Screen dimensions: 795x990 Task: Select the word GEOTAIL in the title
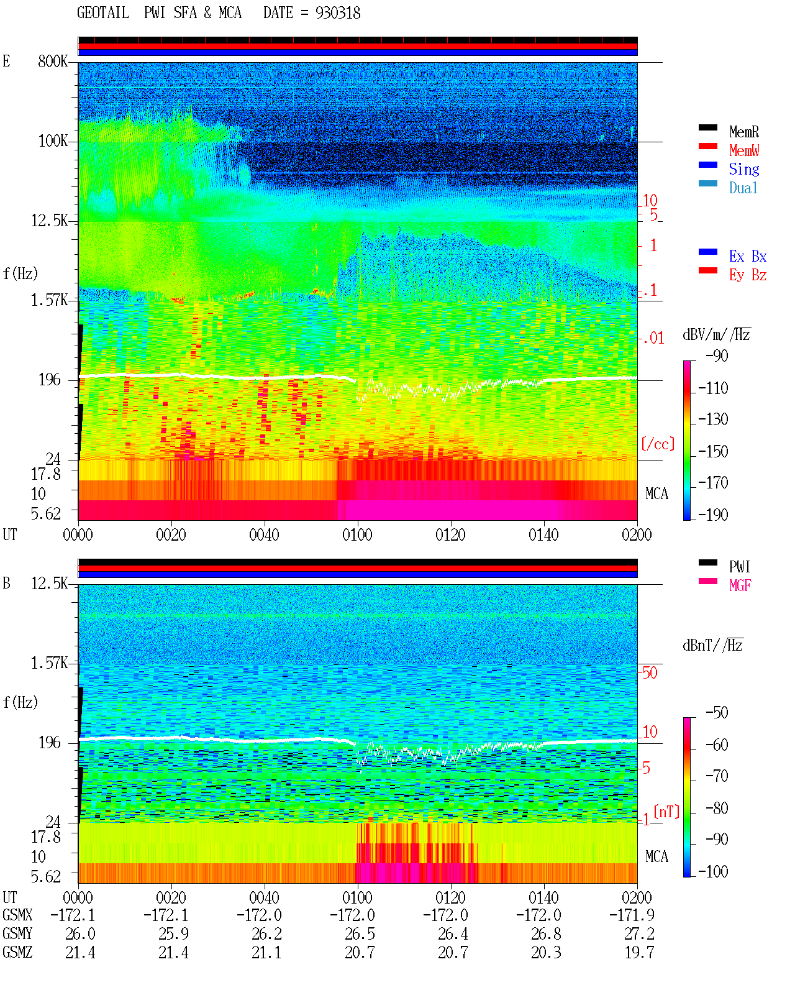(x=103, y=12)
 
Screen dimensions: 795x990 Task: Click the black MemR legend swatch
(x=707, y=127)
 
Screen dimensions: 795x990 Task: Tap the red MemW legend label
(x=744, y=150)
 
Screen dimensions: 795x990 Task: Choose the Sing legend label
(x=744, y=169)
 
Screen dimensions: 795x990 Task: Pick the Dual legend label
(x=743, y=188)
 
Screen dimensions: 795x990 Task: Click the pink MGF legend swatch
(x=707, y=581)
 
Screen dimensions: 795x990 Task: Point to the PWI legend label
(x=740, y=566)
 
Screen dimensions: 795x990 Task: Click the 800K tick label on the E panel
(x=53, y=61)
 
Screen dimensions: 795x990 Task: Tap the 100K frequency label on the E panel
(x=53, y=141)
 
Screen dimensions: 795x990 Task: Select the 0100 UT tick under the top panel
(x=357, y=534)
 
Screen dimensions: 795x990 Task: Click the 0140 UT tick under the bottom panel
(x=543, y=897)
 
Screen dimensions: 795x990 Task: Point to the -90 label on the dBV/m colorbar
(x=717, y=355)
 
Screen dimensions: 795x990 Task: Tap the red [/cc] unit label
(x=658, y=444)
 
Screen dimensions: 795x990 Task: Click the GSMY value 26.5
(x=360, y=934)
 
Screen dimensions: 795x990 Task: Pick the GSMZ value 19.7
(x=639, y=952)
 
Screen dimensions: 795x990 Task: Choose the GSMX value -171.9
(x=632, y=915)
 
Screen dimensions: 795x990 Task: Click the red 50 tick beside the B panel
(x=650, y=672)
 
